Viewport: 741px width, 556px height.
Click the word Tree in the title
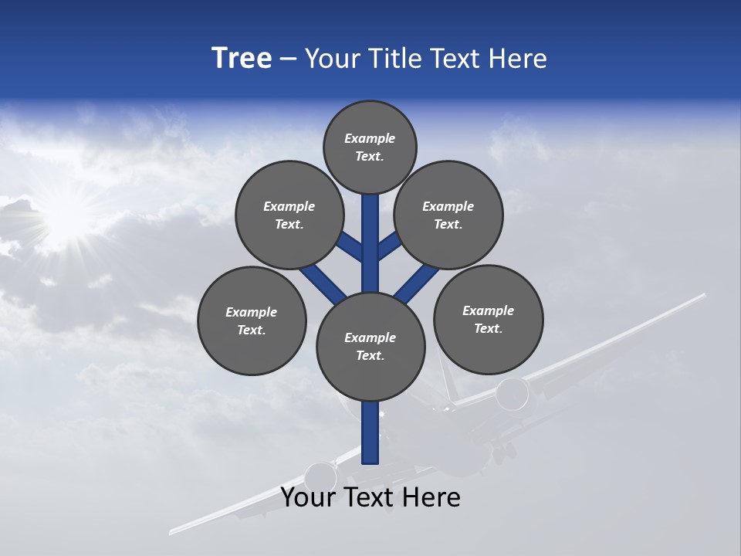242,59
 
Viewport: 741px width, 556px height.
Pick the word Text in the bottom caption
370,497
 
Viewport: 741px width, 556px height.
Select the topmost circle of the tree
370,147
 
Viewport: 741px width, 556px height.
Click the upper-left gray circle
289,215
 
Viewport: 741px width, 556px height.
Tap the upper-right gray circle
448,215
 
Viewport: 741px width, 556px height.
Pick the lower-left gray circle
252,320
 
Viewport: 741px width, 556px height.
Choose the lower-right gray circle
489,319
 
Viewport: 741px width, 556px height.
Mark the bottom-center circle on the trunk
370,347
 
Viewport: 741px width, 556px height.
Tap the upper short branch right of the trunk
390,246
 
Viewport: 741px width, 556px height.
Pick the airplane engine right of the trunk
512,395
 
